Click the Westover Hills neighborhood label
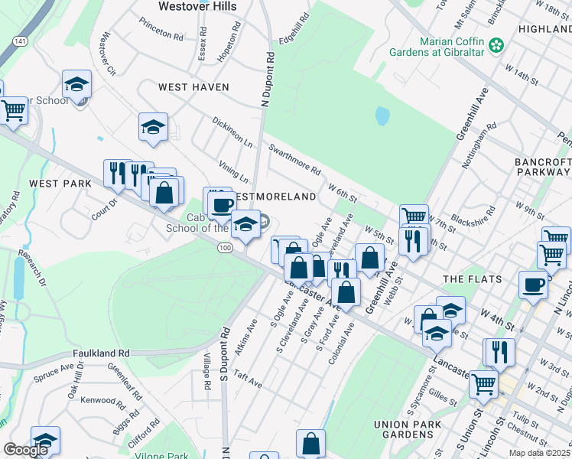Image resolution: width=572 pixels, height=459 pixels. (x=197, y=6)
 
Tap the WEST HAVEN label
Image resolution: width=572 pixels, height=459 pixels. (x=193, y=87)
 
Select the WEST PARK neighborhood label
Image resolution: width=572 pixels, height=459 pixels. (x=60, y=184)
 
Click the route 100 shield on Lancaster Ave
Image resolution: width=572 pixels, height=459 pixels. (x=224, y=248)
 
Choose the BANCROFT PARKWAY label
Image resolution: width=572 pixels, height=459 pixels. (x=543, y=167)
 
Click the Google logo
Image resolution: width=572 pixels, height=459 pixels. (x=25, y=450)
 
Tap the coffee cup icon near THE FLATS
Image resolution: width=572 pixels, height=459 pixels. (x=534, y=285)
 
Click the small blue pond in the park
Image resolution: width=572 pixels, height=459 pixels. (x=382, y=116)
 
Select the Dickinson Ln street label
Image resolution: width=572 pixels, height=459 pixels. (x=232, y=132)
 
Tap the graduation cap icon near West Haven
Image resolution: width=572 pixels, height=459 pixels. (x=153, y=127)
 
